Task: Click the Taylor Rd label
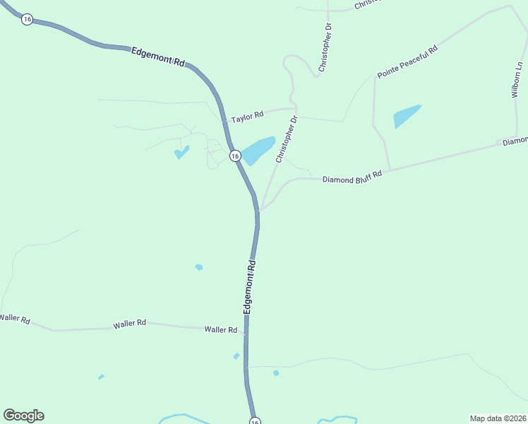point(247,114)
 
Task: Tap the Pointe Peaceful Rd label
point(408,61)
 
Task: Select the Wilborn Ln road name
point(517,78)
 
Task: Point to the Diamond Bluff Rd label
point(352,177)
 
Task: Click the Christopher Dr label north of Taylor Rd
point(325,47)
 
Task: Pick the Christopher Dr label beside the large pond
point(287,139)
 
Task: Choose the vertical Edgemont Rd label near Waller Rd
point(249,286)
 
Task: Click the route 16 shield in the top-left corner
point(27,19)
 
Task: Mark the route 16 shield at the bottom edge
point(255,420)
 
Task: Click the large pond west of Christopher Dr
point(258,149)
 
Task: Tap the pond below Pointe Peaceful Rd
point(407,116)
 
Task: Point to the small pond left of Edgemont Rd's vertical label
point(199,267)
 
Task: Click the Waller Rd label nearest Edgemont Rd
point(221,329)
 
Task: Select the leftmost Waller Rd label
point(15,319)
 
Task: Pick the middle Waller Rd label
point(129,323)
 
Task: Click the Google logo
point(24,416)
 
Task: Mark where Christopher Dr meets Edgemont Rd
point(259,210)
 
